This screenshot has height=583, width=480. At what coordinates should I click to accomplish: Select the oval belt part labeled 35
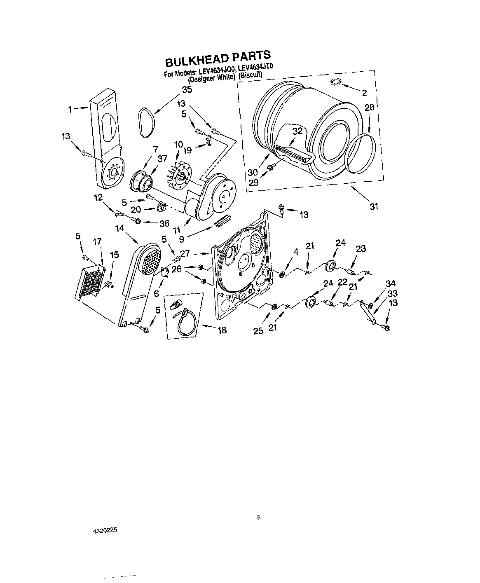click(146, 122)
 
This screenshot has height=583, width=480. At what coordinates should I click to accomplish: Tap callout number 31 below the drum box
click(374, 206)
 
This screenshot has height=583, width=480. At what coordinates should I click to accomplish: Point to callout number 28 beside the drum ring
click(369, 108)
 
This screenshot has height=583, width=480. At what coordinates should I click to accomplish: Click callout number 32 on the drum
click(297, 131)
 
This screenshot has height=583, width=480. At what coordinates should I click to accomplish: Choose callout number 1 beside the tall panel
click(70, 109)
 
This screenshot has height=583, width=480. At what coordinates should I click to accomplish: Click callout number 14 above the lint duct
click(119, 227)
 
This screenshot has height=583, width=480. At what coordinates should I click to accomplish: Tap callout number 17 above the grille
click(97, 242)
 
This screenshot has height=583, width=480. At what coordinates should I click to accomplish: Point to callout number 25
click(258, 331)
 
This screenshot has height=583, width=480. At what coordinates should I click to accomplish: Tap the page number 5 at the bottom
click(259, 517)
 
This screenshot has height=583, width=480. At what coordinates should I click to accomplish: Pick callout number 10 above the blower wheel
click(178, 144)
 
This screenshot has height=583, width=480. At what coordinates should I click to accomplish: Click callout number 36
click(164, 223)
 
